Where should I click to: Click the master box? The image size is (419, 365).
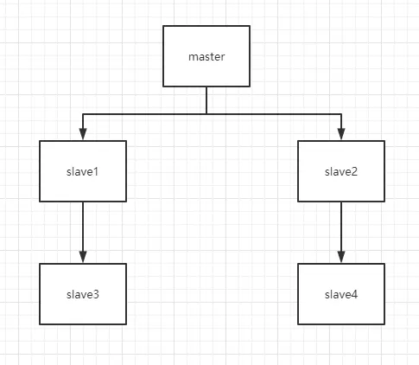[x=206, y=56]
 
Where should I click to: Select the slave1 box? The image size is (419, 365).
[x=83, y=171]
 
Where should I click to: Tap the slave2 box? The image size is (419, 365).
[x=341, y=171]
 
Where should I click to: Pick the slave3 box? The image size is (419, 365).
[x=83, y=294]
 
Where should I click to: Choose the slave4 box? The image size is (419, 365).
[x=341, y=294]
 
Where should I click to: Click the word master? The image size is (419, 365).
[x=206, y=56]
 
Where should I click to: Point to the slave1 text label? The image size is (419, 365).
[x=83, y=171]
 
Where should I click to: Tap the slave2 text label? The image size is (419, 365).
[x=341, y=171]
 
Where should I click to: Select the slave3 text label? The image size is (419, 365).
[x=83, y=294]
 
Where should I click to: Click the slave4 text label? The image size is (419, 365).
[x=341, y=294]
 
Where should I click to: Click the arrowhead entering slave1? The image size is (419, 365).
[x=83, y=134]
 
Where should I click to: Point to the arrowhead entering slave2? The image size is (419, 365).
[x=341, y=134]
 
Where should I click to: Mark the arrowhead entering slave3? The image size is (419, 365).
[x=83, y=257]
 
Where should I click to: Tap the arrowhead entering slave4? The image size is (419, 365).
[x=341, y=257]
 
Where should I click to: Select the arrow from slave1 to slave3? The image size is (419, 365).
[x=83, y=233]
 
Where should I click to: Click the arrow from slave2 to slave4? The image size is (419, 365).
[x=341, y=233]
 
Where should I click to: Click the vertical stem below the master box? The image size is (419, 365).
[x=206, y=100]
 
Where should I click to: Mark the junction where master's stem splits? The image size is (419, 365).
[x=206, y=114]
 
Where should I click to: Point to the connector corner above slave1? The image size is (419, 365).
[x=83, y=114]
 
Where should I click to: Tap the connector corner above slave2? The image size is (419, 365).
[x=341, y=114]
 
